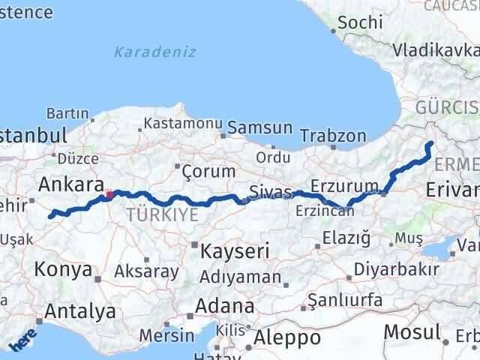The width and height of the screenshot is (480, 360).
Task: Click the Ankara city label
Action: tap(70, 184)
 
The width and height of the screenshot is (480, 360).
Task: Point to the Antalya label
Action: tap(80, 311)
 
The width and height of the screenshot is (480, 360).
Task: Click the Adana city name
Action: tap(224, 306)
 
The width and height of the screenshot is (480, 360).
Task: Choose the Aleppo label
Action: tap(288, 337)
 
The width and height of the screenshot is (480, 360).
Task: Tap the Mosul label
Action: tap(412, 331)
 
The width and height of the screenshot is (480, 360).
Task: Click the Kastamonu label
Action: tap(182, 122)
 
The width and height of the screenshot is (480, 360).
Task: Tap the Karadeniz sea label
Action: tap(155, 52)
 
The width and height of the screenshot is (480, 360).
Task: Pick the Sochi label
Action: tap(360, 22)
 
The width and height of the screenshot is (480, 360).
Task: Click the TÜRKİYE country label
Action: tap(163, 215)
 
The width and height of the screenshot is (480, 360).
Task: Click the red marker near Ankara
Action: tap(109, 194)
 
